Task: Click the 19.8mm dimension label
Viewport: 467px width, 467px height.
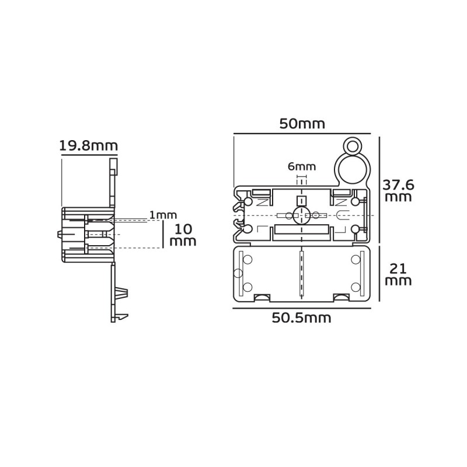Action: pyautogui.click(x=89, y=146)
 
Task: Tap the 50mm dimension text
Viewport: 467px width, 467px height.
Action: pyautogui.click(x=302, y=124)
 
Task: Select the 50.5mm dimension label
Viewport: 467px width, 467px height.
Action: pyautogui.click(x=301, y=318)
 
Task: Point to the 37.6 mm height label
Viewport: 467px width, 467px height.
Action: pyautogui.click(x=398, y=191)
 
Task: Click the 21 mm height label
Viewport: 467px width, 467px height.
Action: pyautogui.click(x=398, y=275)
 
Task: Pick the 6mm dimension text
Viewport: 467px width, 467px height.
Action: pyautogui.click(x=302, y=166)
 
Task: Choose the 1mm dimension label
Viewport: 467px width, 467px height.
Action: pyautogui.click(x=163, y=215)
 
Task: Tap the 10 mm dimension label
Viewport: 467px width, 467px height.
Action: pyautogui.click(x=183, y=235)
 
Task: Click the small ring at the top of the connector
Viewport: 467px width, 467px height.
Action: pyautogui.click(x=353, y=147)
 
